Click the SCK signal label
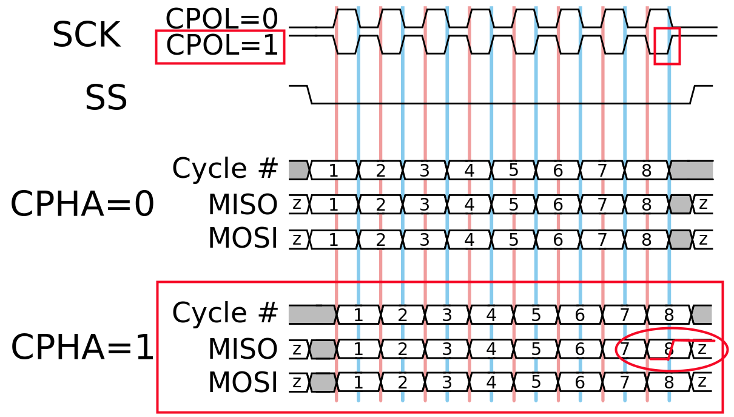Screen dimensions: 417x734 [86, 35]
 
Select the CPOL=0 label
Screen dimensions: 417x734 [221, 19]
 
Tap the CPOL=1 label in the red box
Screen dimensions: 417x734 [221, 46]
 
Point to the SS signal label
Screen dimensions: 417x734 [106, 98]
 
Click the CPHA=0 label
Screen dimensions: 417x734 [82, 205]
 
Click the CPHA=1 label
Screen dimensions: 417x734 [82, 348]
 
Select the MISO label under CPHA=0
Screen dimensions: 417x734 [243, 205]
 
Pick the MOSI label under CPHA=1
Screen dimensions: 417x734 [243, 382]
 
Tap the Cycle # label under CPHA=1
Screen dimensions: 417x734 [225, 314]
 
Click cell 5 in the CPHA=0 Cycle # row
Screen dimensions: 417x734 [513, 171]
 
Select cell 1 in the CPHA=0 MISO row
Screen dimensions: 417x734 [333, 205]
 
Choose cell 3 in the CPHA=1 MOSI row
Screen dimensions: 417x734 [447, 382]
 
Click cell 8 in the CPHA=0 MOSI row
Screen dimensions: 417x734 [647, 240]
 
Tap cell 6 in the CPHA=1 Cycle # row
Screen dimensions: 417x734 [580, 314]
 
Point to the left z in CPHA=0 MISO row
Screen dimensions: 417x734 [297, 205]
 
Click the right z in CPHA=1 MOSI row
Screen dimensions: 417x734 [702, 382]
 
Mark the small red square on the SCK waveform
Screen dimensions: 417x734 [667, 46]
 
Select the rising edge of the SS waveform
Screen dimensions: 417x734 [693, 95]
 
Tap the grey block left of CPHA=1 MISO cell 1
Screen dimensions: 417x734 [323, 349]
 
